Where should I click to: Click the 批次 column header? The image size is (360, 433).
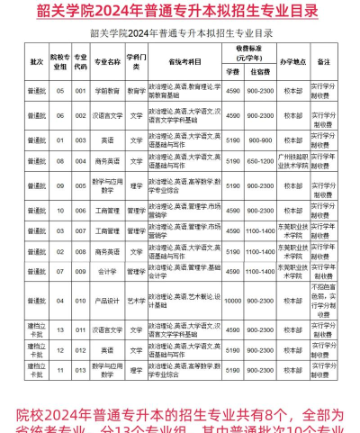(x=36, y=62)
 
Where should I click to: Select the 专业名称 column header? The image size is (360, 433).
(x=108, y=62)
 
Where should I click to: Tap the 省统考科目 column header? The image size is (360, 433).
(x=184, y=62)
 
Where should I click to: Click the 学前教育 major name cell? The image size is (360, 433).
(x=108, y=90)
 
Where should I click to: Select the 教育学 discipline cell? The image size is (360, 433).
(x=136, y=90)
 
